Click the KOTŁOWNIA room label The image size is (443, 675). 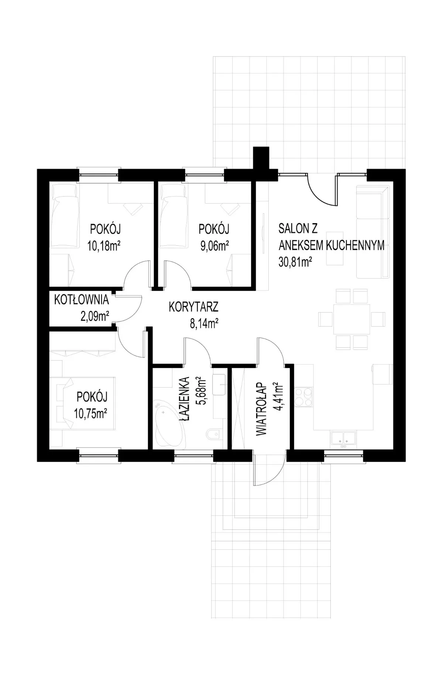(x=82, y=300)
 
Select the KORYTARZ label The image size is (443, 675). (x=194, y=307)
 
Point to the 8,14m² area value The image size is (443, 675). (x=203, y=324)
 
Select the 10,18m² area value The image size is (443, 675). (x=104, y=246)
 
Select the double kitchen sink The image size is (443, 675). (x=343, y=439)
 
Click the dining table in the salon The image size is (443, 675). (x=351, y=319)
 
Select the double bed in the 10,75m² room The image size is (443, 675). (x=83, y=403)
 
